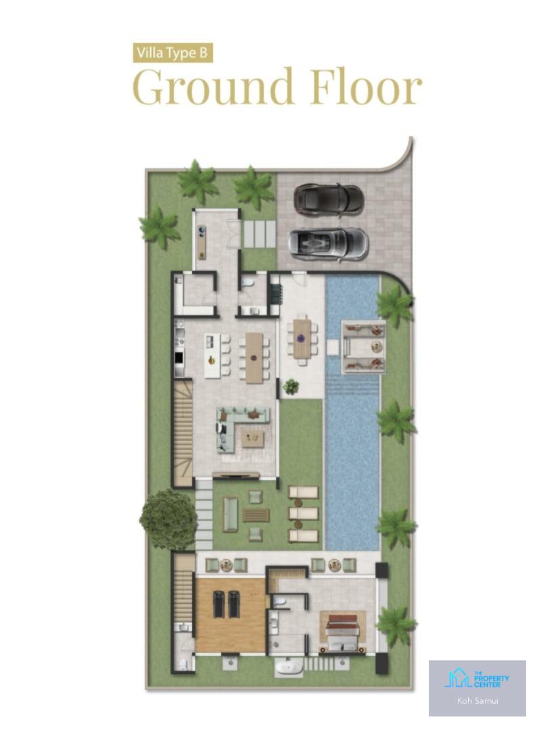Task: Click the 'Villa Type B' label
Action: tap(173, 53)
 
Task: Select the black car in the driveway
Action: tap(329, 199)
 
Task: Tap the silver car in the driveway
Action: tap(329, 243)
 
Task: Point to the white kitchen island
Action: tap(212, 356)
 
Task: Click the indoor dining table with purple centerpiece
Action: tap(254, 358)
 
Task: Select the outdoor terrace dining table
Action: tap(302, 339)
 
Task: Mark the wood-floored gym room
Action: tap(230, 614)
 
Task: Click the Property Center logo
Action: tap(477, 680)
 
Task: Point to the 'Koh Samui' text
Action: tap(477, 700)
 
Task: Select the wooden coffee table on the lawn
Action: tap(256, 515)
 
